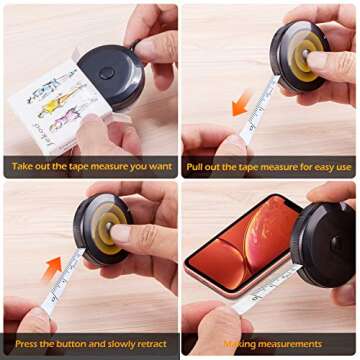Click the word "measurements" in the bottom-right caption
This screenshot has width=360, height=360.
(x=289, y=344)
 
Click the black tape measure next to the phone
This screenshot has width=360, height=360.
(x=326, y=245)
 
